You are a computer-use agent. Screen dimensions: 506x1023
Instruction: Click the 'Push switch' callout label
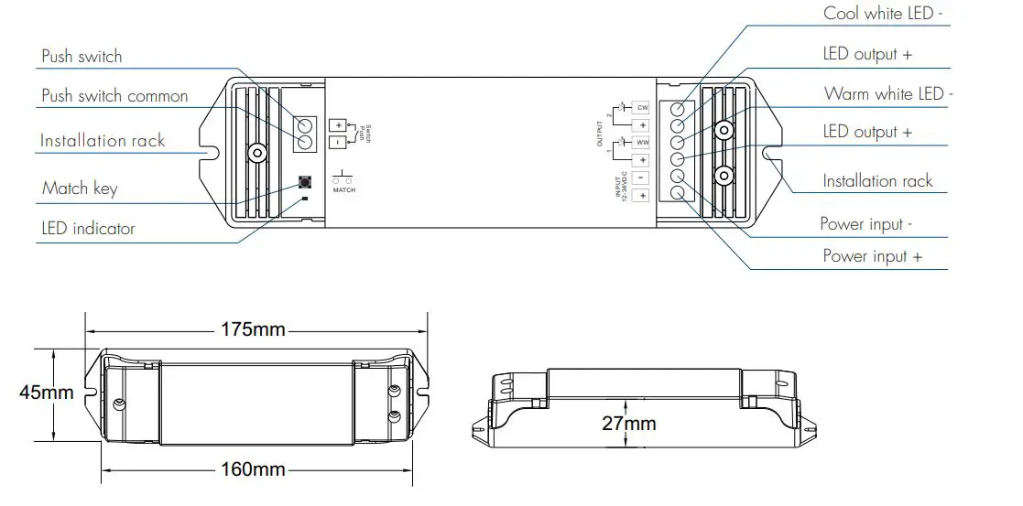point(82,56)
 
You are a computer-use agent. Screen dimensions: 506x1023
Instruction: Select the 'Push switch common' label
point(114,96)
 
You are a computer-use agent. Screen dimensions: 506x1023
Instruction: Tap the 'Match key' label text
point(80,188)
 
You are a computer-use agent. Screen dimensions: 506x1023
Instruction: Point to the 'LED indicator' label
point(88,228)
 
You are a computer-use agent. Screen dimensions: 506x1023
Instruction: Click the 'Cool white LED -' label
point(883,13)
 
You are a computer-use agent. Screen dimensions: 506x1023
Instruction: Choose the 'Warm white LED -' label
point(888,93)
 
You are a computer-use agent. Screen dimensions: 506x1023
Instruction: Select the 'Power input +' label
point(872,256)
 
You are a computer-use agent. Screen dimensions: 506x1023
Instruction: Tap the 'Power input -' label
point(865,224)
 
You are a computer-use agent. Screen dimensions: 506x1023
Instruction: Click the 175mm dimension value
point(254,329)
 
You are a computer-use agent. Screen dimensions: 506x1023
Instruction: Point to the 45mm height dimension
point(46,393)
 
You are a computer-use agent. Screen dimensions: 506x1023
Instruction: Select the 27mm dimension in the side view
point(628,424)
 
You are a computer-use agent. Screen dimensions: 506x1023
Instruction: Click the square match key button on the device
point(304,182)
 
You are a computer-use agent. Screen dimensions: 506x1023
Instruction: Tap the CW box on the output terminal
point(642,108)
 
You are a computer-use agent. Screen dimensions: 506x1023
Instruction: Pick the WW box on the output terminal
point(642,143)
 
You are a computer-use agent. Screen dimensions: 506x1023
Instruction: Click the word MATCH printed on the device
point(343,190)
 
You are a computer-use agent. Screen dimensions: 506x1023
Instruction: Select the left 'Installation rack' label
point(103,141)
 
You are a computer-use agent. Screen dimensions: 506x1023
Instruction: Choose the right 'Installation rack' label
point(877,181)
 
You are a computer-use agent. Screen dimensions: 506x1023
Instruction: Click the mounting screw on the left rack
point(256,153)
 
